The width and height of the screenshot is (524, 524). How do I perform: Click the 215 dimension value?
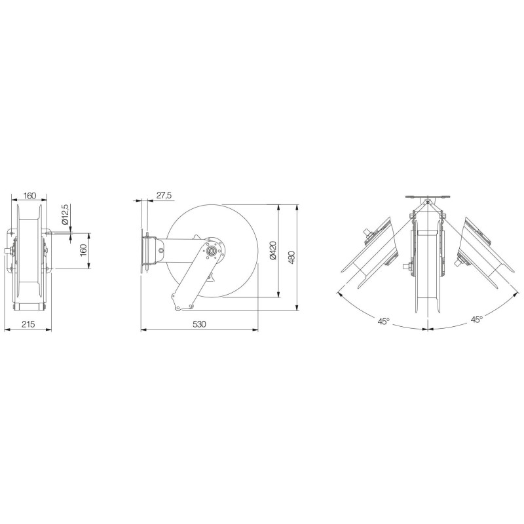click(x=28, y=324)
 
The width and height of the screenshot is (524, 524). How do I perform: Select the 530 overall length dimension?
click(x=199, y=324)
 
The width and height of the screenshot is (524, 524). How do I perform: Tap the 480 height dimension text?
click(x=291, y=257)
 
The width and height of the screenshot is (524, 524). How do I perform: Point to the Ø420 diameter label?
click(x=273, y=250)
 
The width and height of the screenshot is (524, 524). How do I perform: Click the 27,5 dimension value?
click(x=164, y=195)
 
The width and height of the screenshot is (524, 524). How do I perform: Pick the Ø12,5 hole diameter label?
click(x=65, y=214)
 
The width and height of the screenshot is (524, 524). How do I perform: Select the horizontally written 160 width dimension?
click(x=29, y=195)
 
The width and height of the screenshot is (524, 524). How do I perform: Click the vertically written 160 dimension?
click(x=84, y=250)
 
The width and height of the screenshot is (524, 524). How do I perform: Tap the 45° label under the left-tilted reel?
click(x=384, y=322)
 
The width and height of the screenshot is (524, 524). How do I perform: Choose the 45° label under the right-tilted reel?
click(x=477, y=320)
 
